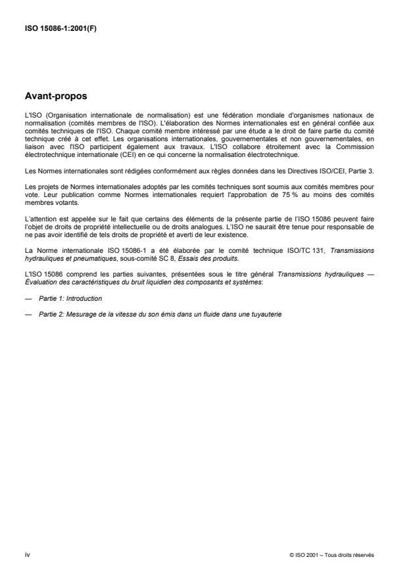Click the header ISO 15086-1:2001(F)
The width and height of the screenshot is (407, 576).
60,28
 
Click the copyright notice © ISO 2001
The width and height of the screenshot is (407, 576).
331,554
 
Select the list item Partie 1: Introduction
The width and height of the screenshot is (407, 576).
68,298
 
